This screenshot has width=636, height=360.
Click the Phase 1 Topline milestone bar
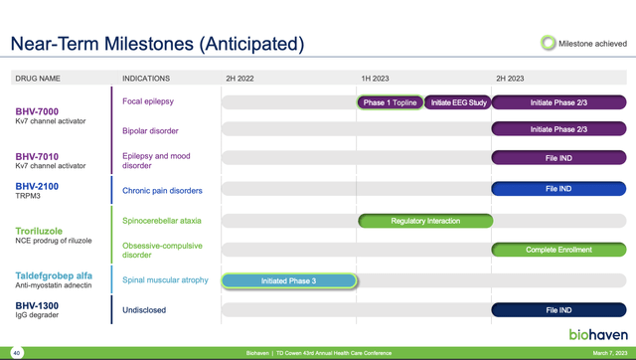tap(389, 102)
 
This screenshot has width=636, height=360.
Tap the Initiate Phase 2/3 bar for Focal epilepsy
tap(558, 102)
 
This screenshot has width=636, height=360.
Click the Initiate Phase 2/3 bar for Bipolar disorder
tap(558, 129)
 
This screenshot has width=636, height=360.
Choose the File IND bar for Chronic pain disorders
tap(558, 189)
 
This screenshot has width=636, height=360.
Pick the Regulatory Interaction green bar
tap(424, 221)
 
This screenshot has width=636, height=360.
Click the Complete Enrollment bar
tap(558, 250)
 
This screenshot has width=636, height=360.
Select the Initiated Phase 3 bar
tap(288, 281)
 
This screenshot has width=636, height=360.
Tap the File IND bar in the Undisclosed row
tap(558, 310)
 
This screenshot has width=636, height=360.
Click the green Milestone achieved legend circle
tap(548, 42)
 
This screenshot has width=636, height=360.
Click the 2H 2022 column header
tap(243, 78)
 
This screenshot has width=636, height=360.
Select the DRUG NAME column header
tap(36, 78)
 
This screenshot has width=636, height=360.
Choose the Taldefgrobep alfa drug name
tap(54, 275)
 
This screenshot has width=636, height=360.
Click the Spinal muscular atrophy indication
tap(165, 280)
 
